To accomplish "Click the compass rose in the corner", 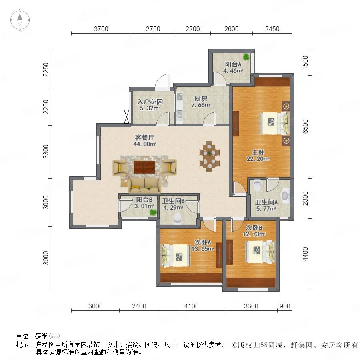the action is [x=20, y=20].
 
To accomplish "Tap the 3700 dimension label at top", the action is [x=101, y=29].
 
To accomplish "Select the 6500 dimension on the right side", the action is [x=305, y=126].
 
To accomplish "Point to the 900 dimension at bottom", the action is [x=285, y=306].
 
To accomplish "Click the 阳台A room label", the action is [x=233, y=64].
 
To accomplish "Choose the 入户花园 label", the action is [x=150, y=102].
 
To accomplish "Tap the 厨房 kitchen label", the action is [x=201, y=99].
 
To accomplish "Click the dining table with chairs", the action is [x=210, y=156].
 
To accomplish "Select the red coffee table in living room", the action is [x=144, y=167].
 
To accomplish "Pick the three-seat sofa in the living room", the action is [x=144, y=185].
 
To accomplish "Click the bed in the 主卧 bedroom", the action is [x=274, y=123].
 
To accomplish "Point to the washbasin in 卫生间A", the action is [x=285, y=196].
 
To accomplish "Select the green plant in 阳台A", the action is [x=246, y=56].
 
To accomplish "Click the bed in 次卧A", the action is [x=176, y=256].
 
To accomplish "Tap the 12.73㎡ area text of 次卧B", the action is [x=254, y=234].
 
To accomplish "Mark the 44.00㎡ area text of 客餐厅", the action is [x=145, y=144].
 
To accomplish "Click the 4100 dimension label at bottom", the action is [x=192, y=306].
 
